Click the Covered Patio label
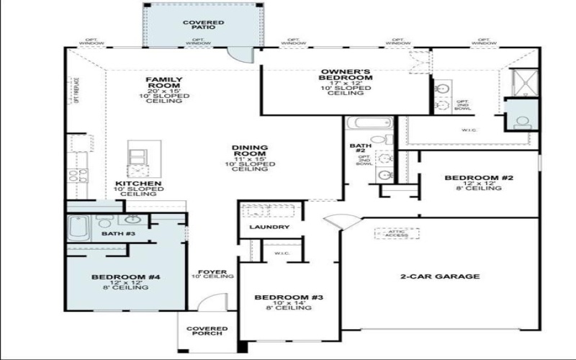[x=203, y=26]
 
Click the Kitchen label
[x=139, y=189]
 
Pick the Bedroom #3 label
[x=284, y=302]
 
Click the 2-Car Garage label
[x=439, y=276]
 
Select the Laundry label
[x=269, y=228]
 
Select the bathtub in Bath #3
[x=78, y=228]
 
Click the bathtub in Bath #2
[x=356, y=123]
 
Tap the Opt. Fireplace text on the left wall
[x=76, y=91]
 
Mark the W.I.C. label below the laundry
[x=281, y=253]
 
